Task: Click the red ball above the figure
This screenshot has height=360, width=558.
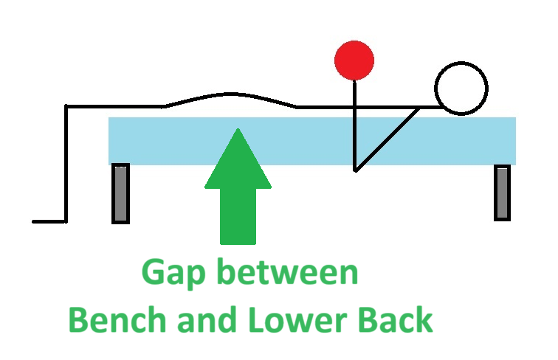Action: pos(354,60)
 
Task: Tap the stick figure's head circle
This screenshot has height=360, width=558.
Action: pos(461,89)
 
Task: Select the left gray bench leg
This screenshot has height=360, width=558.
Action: pos(120,193)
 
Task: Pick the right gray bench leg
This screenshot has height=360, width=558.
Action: pos(502,192)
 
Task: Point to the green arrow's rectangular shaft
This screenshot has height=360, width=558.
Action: pos(238,218)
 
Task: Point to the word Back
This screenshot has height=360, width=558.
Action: pos(396,320)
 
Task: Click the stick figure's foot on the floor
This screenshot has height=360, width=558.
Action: pos(49,221)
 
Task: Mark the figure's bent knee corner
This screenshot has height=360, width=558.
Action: pos(67,108)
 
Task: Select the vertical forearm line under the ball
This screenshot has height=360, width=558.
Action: pos(355,125)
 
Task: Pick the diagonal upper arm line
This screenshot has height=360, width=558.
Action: pos(387,139)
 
